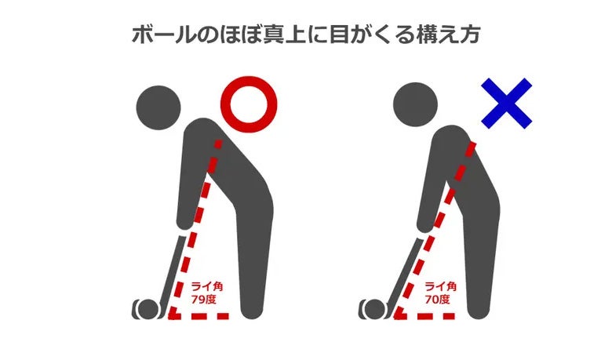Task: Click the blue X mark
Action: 507,104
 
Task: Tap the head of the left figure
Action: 158,107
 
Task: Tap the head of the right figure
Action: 415,104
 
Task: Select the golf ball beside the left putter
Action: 149,309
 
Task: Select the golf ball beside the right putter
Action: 375,309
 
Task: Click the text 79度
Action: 203,300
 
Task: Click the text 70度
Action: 437,300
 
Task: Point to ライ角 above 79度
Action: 207,287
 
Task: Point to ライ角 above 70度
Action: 441,287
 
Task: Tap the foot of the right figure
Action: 479,312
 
